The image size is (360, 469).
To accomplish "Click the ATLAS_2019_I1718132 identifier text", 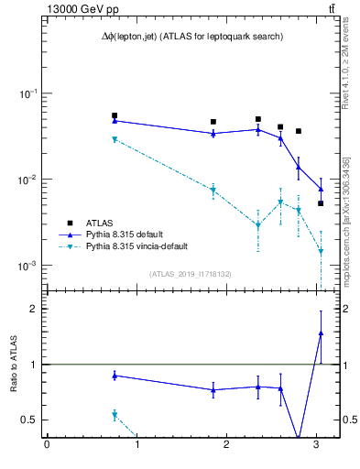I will coord(191,273).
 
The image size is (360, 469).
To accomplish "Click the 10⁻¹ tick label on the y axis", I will coord(27,94).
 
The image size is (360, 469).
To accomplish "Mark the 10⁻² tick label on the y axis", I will coord(27,180).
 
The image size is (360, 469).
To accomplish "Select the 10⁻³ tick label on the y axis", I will coord(27,266).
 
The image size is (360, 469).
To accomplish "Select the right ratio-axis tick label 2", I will coord(346,309).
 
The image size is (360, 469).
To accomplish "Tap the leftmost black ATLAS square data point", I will coord(115,116).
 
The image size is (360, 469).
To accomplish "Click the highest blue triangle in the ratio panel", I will coord(321,333).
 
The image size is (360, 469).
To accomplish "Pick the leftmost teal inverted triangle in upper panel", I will coord(115,139).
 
